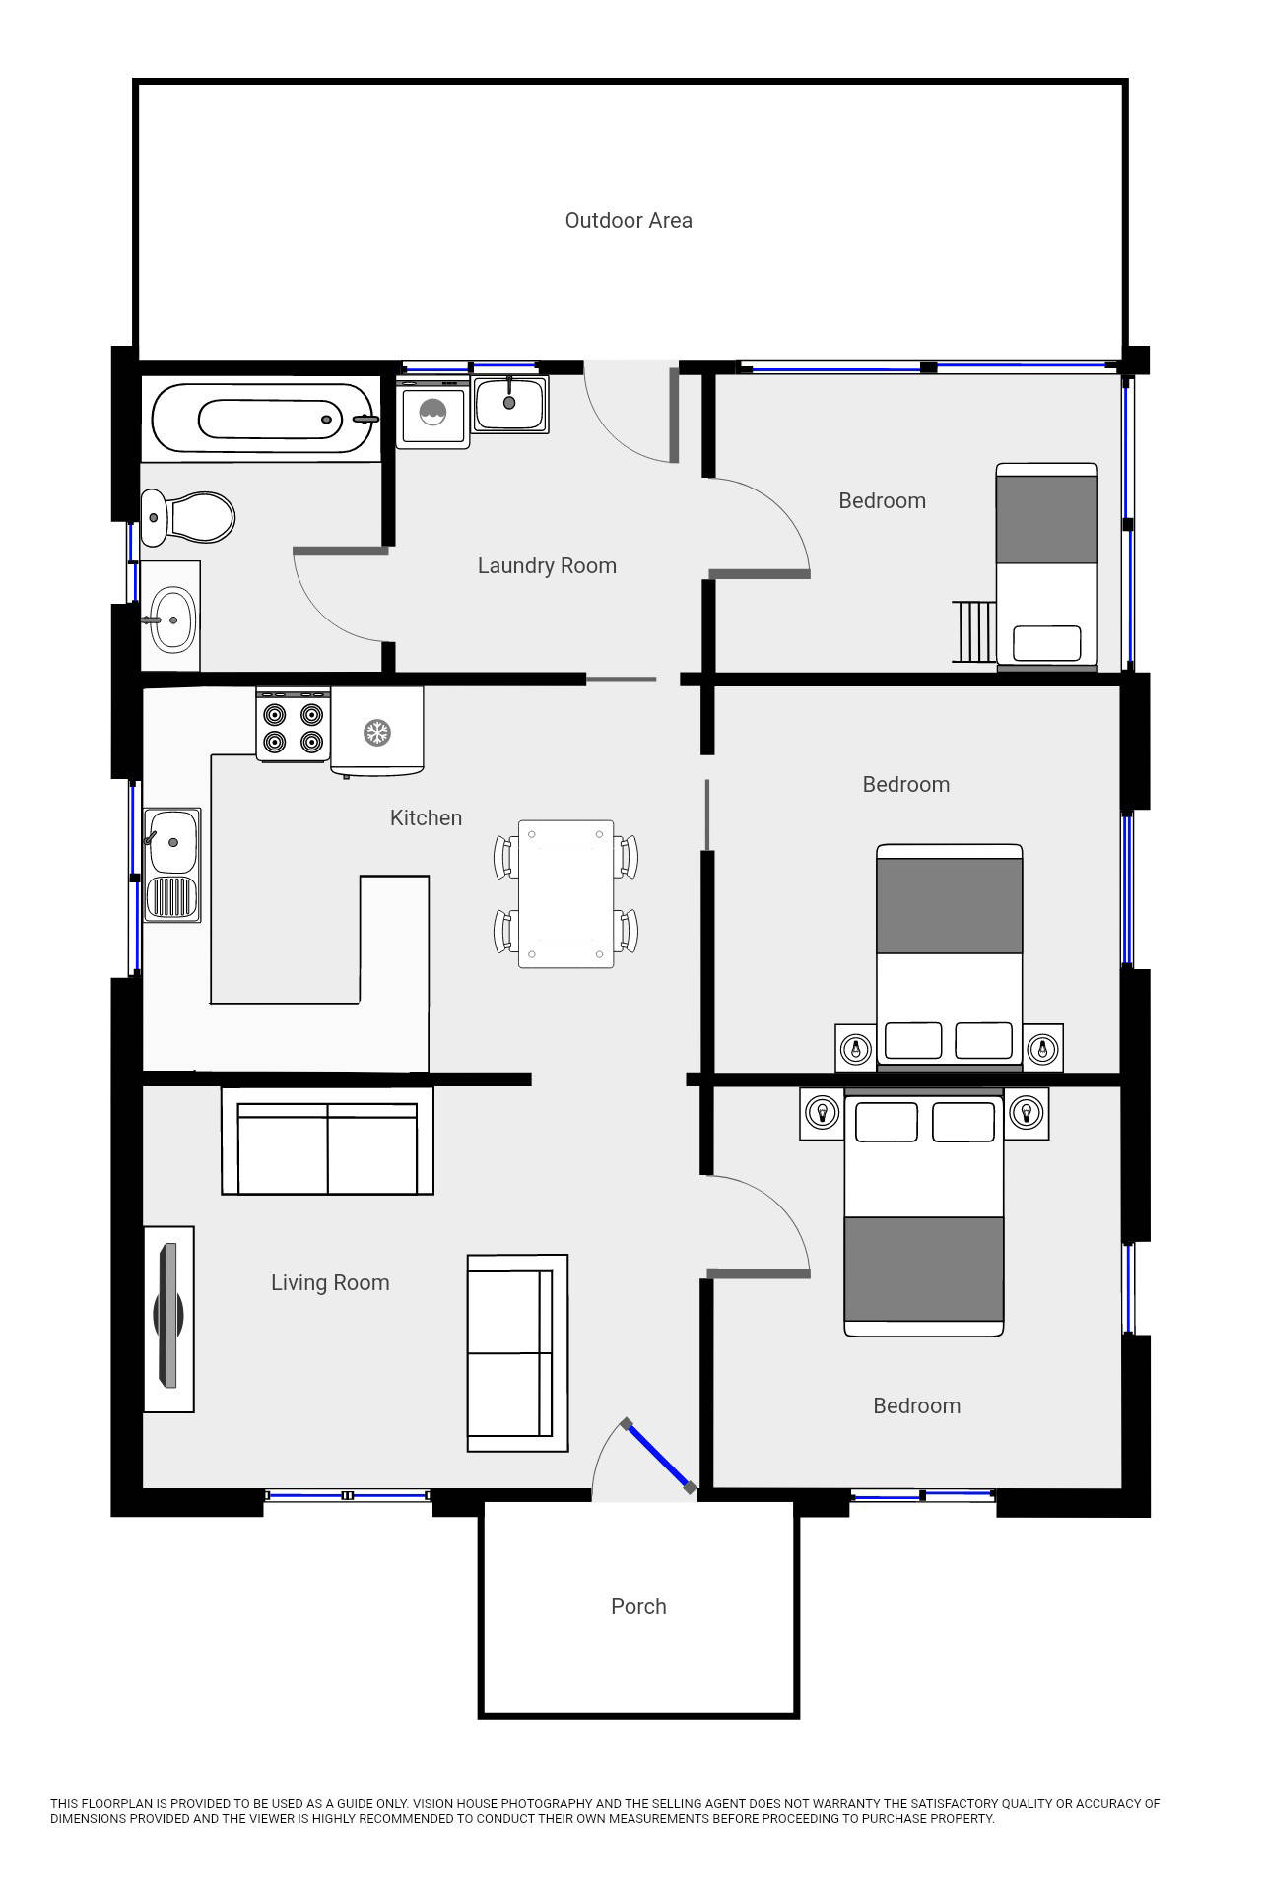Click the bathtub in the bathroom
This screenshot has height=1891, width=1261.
262,419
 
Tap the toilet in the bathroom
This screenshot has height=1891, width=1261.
188,516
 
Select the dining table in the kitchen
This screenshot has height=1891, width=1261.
565,893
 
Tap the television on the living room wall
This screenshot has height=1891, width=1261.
168,1318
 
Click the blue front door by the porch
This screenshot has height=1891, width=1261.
657,1455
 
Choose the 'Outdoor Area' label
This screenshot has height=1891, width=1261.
629,221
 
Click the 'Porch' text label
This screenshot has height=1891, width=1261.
638,1607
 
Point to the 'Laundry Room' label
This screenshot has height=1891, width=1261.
547,566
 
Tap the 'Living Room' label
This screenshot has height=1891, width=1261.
330,1283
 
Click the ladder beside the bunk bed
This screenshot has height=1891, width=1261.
974,631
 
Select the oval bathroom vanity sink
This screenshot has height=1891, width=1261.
172,619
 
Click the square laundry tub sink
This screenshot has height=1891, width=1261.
509,404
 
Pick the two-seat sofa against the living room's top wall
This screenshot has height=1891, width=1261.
327,1142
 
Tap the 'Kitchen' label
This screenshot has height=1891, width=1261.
426,818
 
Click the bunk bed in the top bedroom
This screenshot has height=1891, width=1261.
1046,566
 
